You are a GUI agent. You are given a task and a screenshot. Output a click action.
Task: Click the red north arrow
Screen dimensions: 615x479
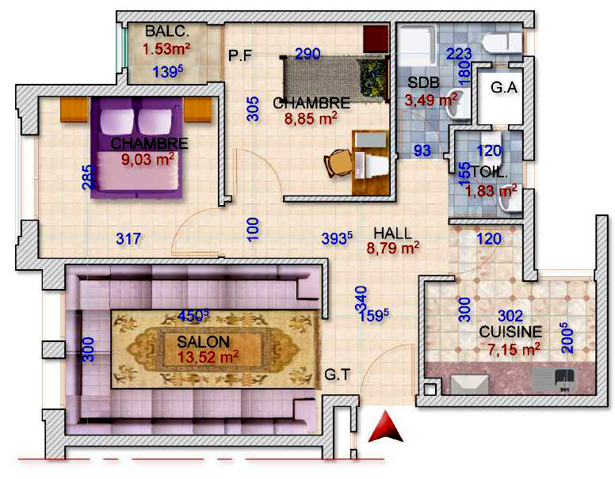coord(385,428)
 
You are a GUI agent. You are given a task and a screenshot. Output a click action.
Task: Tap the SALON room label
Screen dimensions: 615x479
coord(203,342)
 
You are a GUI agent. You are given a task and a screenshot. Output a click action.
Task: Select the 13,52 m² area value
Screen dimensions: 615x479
coord(208,357)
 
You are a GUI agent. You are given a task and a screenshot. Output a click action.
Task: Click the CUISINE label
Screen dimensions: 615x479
coord(510,332)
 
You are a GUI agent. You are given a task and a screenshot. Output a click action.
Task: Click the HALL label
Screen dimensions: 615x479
coord(392,234)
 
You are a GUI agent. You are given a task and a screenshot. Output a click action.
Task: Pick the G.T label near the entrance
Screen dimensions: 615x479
coord(337,374)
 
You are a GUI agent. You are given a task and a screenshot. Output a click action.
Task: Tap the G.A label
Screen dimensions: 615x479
coord(503,87)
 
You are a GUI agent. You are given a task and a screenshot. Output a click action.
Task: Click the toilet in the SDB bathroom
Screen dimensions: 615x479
coord(502,42)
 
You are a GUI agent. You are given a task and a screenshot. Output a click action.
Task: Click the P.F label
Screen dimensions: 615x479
coord(240,55)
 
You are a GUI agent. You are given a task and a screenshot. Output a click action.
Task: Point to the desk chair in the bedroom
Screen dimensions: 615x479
coord(338,163)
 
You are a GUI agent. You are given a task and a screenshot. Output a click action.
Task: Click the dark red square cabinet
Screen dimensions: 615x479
coord(376,39)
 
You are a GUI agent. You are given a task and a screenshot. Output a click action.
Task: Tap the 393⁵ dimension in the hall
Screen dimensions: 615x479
coord(337,238)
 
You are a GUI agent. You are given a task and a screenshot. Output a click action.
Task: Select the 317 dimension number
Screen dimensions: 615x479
coord(128,238)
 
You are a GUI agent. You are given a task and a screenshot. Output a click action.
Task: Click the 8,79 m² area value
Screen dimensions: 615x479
coord(392,248)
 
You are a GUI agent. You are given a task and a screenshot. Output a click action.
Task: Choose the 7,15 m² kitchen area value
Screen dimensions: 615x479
coord(514,348)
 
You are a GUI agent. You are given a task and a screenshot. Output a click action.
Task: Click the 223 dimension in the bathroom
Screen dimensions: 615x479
coord(459,54)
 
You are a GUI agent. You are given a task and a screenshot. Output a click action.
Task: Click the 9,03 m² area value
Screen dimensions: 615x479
coord(148,159)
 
